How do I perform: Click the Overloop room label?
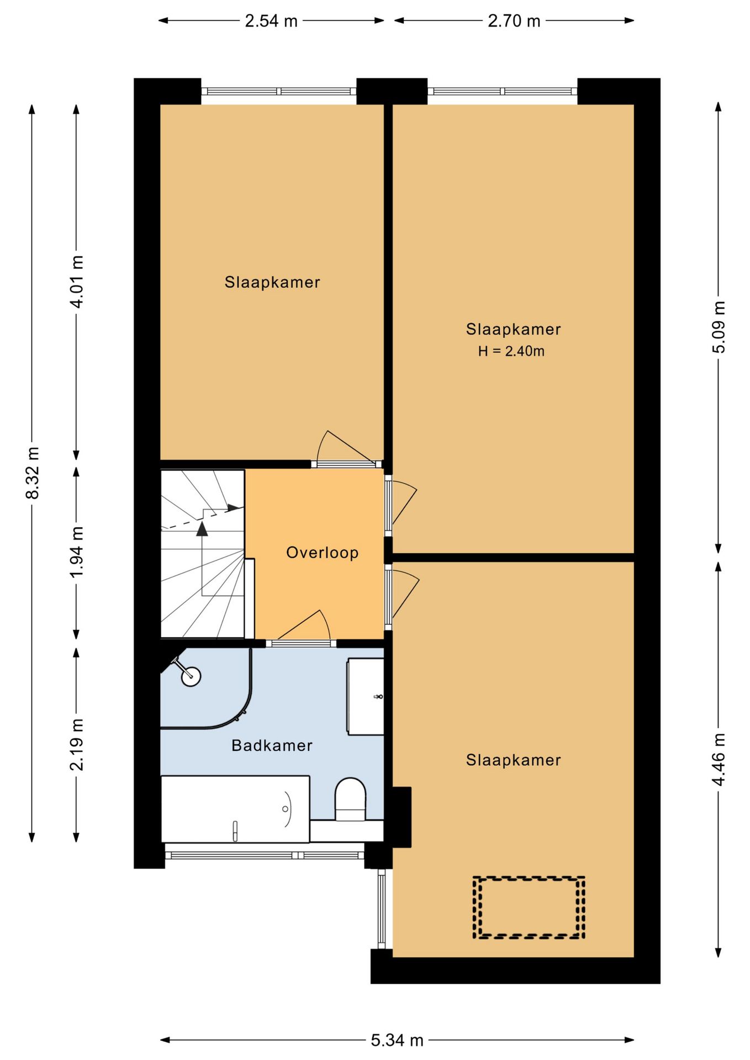pyautogui.click(x=322, y=553)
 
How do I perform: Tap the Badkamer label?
pyautogui.click(x=272, y=745)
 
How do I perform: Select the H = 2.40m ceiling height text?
pyautogui.click(x=511, y=351)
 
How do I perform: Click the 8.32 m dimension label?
pyautogui.click(x=33, y=473)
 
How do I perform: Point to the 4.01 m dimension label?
pyautogui.click(x=77, y=282)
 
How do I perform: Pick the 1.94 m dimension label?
pyautogui.click(x=77, y=552)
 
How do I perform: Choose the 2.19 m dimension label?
pyautogui.click(x=77, y=745)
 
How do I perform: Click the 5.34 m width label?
pyautogui.click(x=397, y=1041)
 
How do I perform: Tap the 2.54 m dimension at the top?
pyautogui.click(x=271, y=21)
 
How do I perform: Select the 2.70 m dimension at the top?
pyautogui.click(x=514, y=21)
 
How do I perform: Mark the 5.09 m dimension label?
pyautogui.click(x=719, y=327)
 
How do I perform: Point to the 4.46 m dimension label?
pyautogui.click(x=719, y=760)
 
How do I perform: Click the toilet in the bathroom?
pyautogui.click(x=351, y=799)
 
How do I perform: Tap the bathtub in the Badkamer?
pyautogui.click(x=235, y=809)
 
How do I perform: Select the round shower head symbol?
pyautogui.click(x=191, y=676)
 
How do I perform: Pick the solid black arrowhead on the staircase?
pyautogui.click(x=202, y=529)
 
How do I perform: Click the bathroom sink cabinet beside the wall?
pyautogui.click(x=365, y=697)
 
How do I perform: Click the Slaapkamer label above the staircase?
pyautogui.click(x=272, y=283)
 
